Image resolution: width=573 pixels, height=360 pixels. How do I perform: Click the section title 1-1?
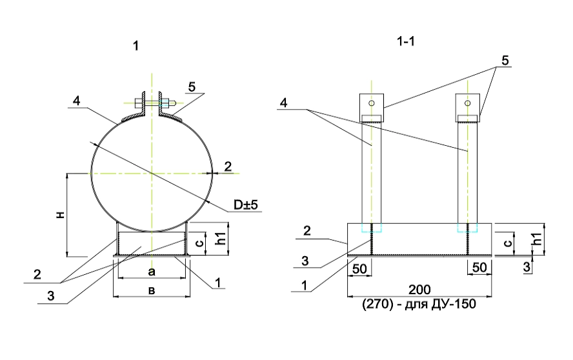coord(406,42)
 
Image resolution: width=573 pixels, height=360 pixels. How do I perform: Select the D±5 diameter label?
coord(246,205)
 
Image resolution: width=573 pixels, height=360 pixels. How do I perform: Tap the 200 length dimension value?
coord(419,290)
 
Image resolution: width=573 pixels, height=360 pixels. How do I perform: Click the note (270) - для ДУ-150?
coord(419,304)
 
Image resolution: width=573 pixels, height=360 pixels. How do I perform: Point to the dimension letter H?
coord(61,215)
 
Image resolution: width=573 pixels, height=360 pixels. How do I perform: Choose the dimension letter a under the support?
coord(152,272)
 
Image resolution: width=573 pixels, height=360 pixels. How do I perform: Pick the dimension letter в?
coord(152,291)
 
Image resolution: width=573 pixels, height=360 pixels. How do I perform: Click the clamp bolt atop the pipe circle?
coord(156,103)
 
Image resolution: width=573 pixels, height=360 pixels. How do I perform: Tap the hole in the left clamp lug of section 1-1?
coord(372,103)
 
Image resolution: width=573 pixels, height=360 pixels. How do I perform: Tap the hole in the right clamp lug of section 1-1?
coord(467,103)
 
